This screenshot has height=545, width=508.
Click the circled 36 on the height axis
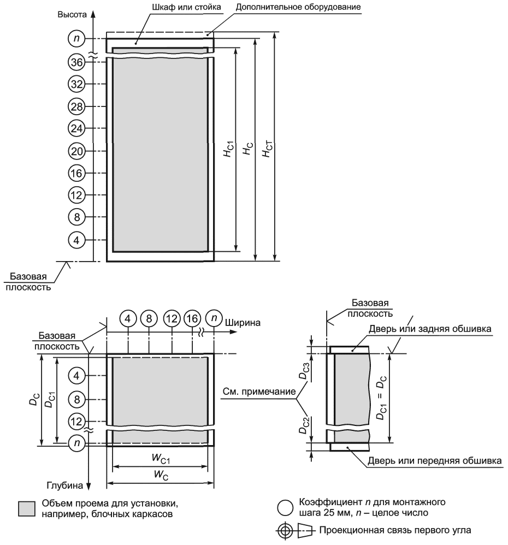pos(76,62)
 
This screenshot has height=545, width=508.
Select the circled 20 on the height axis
pos(76,151)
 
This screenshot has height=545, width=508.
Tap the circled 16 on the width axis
pos(192,318)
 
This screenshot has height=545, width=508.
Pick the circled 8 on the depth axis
pos(76,399)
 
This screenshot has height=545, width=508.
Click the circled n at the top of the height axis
pos(76,38)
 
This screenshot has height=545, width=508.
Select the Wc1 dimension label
pos(161,459)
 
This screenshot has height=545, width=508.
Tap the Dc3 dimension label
pos(304,371)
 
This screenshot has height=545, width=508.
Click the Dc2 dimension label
pos(304,425)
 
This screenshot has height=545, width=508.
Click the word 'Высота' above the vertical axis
pos(72,15)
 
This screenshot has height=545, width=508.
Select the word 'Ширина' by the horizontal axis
pos(243,323)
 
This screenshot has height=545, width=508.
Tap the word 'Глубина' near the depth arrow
pos(65,485)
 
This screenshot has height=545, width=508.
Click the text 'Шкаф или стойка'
pos(186,7)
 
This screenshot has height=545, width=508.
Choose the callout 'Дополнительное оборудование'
pos(298,7)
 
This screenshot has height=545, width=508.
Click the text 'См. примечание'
pos(259,392)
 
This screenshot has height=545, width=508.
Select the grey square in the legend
pos(27,508)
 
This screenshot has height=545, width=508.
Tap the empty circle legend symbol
pos(285,508)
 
